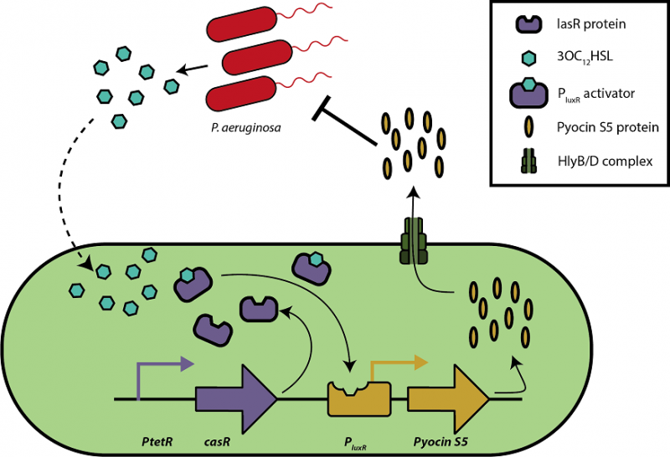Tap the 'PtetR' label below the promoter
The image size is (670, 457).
(x=157, y=437)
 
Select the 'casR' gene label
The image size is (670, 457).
(x=219, y=437)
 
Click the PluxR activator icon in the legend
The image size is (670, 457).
(x=523, y=92)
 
